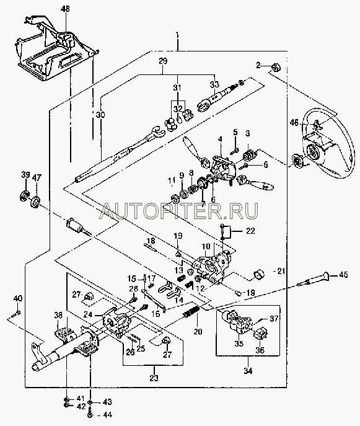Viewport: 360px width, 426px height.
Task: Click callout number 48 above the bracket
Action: coord(65,9)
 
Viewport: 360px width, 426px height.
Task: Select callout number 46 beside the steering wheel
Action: coord(294,123)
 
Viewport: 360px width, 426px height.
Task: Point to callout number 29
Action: coord(163,61)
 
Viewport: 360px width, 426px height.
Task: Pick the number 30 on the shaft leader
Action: coord(100,115)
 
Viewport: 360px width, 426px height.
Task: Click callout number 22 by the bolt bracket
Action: coord(250,231)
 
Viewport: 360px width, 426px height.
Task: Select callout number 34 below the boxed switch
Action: coord(248,371)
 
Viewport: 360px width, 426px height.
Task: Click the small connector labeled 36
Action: coord(260,335)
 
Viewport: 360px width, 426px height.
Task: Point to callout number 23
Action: coord(154,378)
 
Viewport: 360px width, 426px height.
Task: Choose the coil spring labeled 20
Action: coord(191,311)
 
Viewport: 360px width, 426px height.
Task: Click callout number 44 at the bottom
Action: coord(107,415)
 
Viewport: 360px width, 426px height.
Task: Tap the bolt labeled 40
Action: coord(16,313)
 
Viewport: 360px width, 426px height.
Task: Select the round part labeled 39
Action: coord(25,195)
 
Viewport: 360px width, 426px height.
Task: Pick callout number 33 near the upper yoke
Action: coord(214,84)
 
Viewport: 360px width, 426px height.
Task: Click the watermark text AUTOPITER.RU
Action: coord(178,211)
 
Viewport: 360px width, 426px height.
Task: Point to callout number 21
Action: coord(281,270)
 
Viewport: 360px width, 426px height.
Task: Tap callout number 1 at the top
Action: coord(177,35)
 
